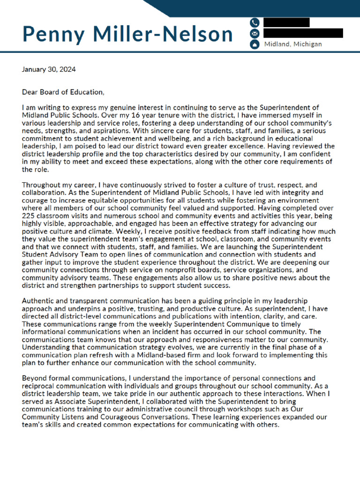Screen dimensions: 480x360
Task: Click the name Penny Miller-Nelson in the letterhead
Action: click(127, 34)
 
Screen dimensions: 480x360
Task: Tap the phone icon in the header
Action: click(255, 22)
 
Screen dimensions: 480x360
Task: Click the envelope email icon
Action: click(255, 33)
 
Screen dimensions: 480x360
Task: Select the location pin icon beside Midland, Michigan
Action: click(255, 45)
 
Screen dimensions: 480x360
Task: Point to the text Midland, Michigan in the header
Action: click(293, 45)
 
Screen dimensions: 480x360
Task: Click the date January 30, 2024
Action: click(49, 69)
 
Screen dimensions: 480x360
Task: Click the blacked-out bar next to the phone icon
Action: click(286, 22)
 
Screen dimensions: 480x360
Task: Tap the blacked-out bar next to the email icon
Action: click(303, 33)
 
